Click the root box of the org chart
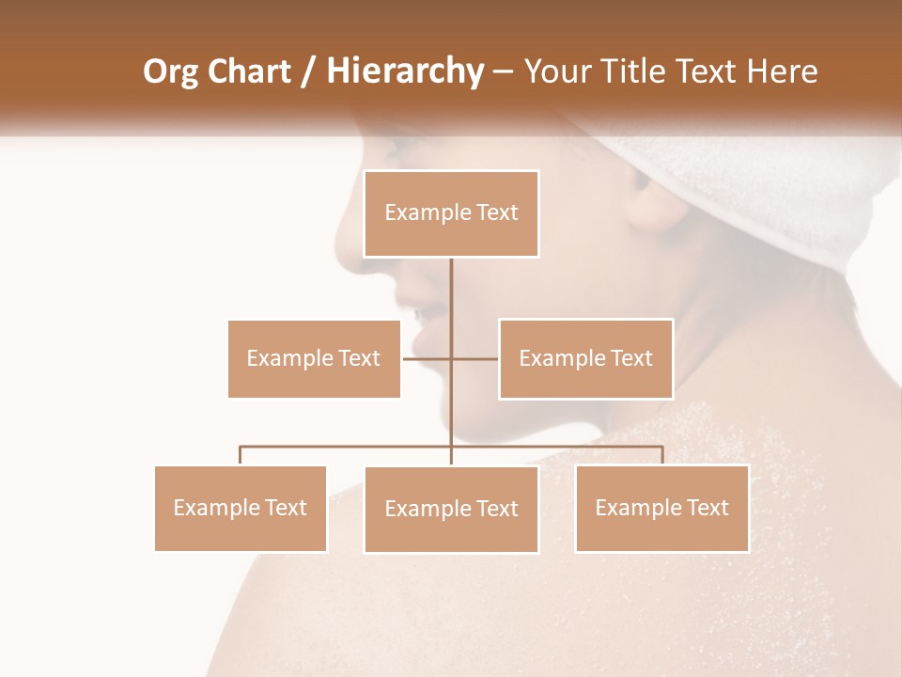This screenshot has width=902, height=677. pyautogui.click(x=451, y=213)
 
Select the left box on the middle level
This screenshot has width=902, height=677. pyautogui.click(x=314, y=358)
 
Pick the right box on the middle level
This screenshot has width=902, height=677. pyautogui.click(x=585, y=358)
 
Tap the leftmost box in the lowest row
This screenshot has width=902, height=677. pyautogui.click(x=241, y=508)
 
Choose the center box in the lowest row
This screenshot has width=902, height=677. pyautogui.click(x=451, y=509)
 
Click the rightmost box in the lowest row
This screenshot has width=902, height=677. pyautogui.click(x=661, y=508)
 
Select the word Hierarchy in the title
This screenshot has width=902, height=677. pyautogui.click(x=404, y=71)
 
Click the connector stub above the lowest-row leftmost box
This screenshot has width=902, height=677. pyautogui.click(x=241, y=455)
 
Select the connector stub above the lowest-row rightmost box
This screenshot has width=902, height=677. pyautogui.click(x=661, y=455)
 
